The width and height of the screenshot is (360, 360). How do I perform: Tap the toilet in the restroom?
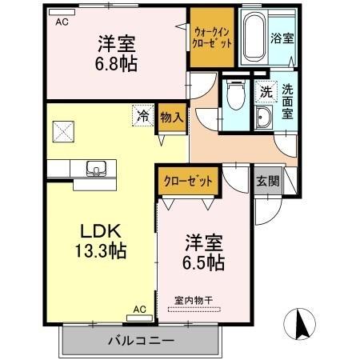click(234, 98)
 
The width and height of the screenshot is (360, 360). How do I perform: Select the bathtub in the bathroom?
click(252, 38)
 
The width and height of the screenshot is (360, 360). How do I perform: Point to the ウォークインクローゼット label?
click(211, 36)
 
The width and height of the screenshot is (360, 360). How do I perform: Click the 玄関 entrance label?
click(268, 181)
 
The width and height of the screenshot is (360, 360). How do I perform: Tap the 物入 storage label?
click(170, 117)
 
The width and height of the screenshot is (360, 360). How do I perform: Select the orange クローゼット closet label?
click(189, 181)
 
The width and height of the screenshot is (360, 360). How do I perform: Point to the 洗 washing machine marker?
click(264, 91)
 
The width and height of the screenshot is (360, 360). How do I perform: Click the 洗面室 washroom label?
click(286, 101)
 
